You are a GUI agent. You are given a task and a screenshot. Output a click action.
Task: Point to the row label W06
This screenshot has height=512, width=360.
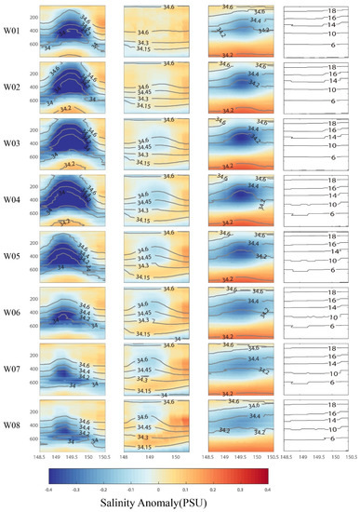click(12, 309)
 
